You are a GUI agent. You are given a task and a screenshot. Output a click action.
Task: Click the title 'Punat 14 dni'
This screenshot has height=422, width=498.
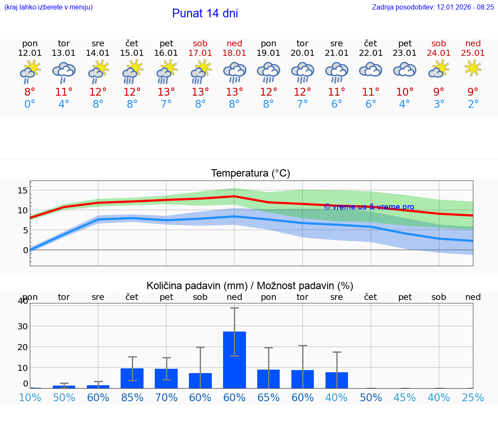pyautogui.click(x=205, y=13)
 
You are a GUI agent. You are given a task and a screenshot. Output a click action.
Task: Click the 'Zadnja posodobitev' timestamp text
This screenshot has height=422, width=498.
pyautogui.click(x=433, y=7)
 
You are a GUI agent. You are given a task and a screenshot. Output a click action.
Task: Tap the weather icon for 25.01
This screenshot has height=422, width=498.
pyautogui.click(x=473, y=68)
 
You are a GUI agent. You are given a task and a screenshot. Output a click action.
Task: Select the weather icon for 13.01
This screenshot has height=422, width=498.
pyautogui.click(x=64, y=71)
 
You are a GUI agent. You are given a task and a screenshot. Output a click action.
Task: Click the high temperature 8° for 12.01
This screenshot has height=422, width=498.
pyautogui.click(x=30, y=92)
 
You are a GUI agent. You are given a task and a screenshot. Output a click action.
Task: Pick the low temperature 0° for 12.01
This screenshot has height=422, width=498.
pyautogui.click(x=30, y=104)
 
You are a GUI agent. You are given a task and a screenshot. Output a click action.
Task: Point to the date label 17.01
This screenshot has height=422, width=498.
pyautogui.click(x=200, y=53)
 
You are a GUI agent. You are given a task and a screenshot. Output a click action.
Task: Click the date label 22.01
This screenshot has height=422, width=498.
pyautogui.click(x=370, y=53)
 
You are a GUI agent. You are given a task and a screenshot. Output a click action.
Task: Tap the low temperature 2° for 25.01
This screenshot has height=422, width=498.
pyautogui.click(x=473, y=104)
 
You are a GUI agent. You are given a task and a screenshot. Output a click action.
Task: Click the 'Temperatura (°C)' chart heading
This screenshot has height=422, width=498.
pyautogui.click(x=250, y=174)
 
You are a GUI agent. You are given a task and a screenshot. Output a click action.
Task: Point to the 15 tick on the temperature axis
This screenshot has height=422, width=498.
pyautogui.click(x=22, y=190)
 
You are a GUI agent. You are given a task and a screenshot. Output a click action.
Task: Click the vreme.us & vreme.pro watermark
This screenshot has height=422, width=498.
pyautogui.click(x=369, y=207)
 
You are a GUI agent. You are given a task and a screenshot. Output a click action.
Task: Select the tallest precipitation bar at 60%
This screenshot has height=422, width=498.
pyautogui.click(x=234, y=360)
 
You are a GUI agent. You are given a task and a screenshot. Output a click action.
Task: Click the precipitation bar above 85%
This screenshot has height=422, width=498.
pyautogui.click(x=132, y=378)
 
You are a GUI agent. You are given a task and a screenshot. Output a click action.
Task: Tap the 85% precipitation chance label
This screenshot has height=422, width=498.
pyautogui.click(x=132, y=398)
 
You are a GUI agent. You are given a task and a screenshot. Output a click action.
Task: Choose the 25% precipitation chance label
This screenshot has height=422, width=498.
pyautogui.click(x=473, y=398)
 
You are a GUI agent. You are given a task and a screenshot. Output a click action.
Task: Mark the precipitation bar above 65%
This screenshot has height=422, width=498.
pyautogui.click(x=268, y=379)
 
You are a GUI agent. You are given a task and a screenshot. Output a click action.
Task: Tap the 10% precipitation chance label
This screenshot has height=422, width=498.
pyautogui.click(x=30, y=398)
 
